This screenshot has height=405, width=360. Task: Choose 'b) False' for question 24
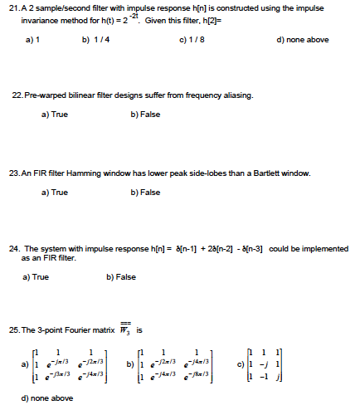coord(122,276)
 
